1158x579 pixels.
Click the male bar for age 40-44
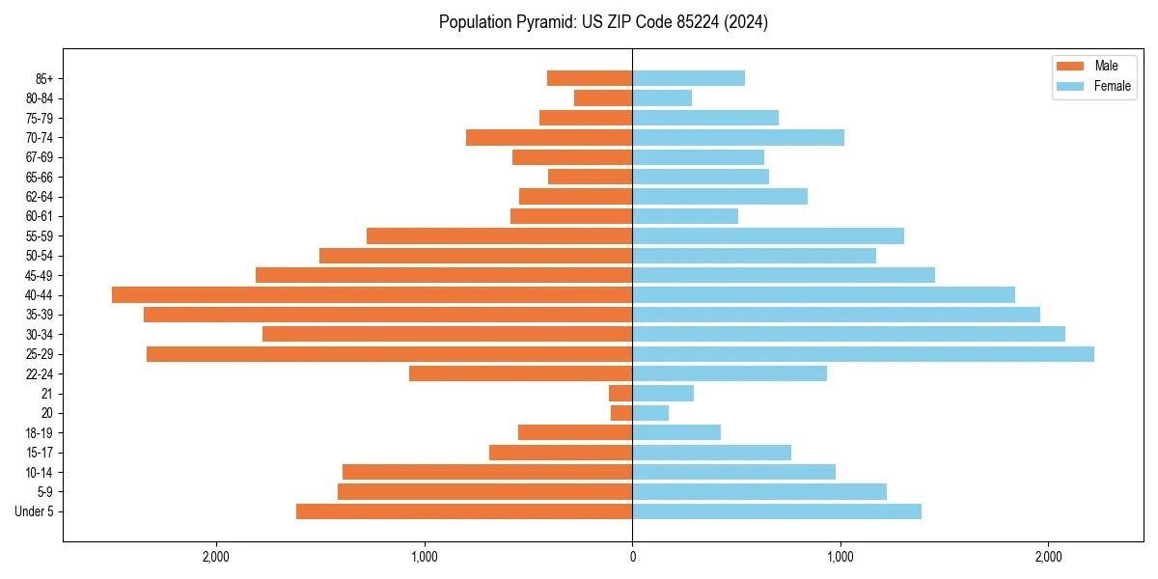coord(372,294)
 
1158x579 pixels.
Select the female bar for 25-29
coord(863,354)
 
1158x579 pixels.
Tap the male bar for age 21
coord(620,394)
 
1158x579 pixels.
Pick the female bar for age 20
coord(650,413)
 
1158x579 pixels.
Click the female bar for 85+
coord(688,78)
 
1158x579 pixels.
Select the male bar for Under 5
coord(464,511)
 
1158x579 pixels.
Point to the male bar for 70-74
coord(549,137)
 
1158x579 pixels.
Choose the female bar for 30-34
coord(848,334)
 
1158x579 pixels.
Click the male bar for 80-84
coord(603,97)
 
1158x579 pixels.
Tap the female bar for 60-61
coord(685,216)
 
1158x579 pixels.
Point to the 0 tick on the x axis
coord(632,557)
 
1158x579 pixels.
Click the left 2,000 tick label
coord(216,557)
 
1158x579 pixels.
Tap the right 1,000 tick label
coord(841,557)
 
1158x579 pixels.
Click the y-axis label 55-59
coord(40,235)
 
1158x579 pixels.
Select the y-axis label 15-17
coord(40,453)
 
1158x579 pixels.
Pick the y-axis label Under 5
coord(35,511)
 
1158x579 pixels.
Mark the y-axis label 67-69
coord(40,157)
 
